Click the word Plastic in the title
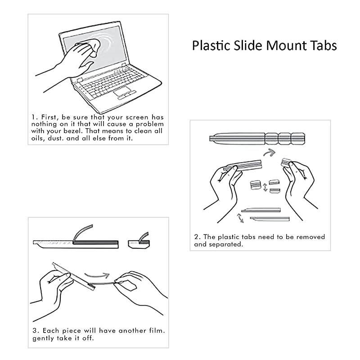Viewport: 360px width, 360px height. point(209,46)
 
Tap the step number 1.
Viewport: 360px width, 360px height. point(33,117)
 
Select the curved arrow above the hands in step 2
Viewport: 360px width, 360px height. point(269,153)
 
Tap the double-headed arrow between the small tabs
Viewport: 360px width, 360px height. point(265,186)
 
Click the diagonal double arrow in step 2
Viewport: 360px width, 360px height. point(241,218)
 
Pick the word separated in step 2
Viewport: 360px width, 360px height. point(226,244)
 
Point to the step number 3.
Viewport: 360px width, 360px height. point(34,331)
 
